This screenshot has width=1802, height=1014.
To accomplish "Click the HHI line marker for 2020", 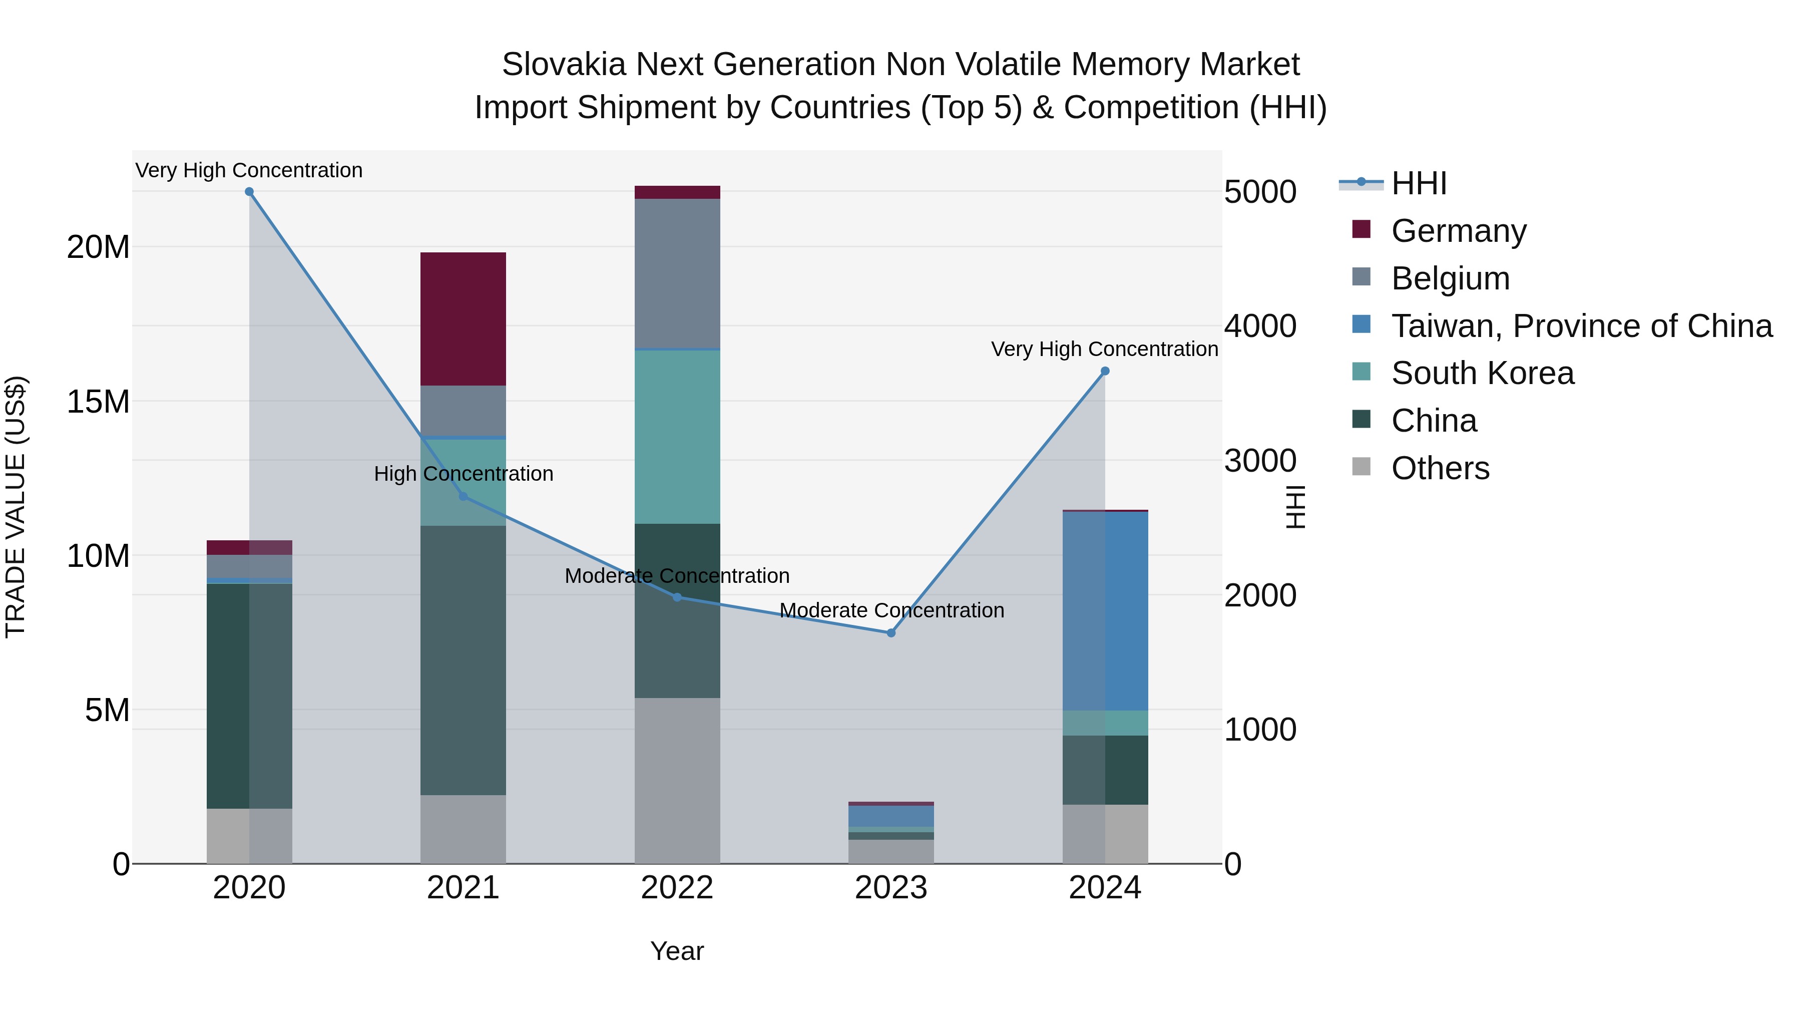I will tap(249, 192).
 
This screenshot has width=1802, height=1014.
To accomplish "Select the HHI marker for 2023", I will tap(890, 632).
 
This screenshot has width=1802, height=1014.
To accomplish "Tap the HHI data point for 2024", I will tap(1105, 371).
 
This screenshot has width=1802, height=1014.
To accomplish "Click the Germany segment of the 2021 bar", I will tap(463, 318).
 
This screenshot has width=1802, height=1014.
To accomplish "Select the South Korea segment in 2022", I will tap(677, 436).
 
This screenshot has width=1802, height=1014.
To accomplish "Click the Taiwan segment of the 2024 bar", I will tap(1105, 610).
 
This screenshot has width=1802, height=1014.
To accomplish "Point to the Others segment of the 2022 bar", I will tap(677, 780).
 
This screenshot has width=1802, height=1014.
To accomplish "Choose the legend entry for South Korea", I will tap(1482, 373).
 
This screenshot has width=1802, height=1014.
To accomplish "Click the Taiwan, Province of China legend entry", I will tap(1581, 325).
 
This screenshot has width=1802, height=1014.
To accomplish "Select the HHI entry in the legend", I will tap(1418, 183).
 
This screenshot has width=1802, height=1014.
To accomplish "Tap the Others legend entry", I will tap(1440, 468).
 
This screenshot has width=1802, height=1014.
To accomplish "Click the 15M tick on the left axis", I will tap(98, 402).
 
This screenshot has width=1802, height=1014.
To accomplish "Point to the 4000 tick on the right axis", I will tap(1260, 326).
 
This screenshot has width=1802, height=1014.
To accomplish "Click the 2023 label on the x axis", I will tap(890, 888).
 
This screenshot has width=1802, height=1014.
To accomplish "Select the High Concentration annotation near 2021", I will tap(463, 474).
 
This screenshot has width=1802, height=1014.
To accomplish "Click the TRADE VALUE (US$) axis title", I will tap(16, 507).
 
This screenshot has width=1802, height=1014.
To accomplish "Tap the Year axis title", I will tap(676, 951).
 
